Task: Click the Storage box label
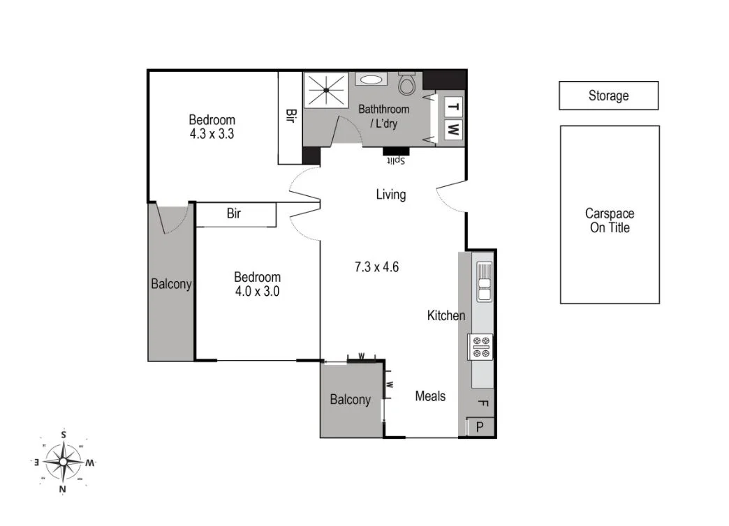[x=608, y=96]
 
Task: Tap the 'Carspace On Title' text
[x=610, y=220]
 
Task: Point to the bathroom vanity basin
[x=369, y=80]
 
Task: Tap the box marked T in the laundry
[x=452, y=107]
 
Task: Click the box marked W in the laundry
[x=452, y=129]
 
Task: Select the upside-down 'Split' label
[x=396, y=160]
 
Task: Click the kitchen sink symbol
[x=484, y=281]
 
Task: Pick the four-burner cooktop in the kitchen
[x=480, y=347]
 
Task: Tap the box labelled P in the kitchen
[x=480, y=426]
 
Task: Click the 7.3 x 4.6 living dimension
[x=376, y=266]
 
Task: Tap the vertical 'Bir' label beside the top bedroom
[x=290, y=116]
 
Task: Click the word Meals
[x=430, y=396]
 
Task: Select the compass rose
[x=64, y=462]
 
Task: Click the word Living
[x=390, y=195]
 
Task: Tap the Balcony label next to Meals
[x=351, y=400]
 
